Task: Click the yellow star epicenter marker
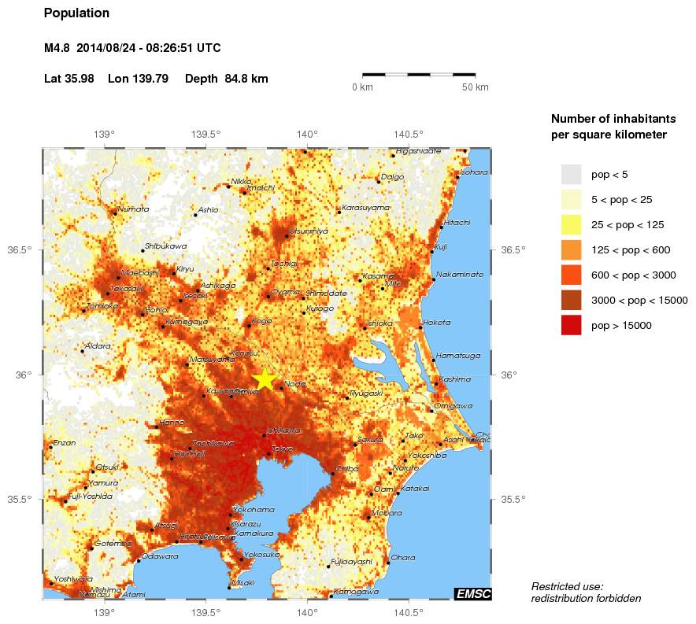click(x=265, y=378)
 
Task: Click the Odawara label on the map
click(x=160, y=556)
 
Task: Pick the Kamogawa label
click(x=356, y=592)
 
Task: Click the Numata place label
click(x=132, y=209)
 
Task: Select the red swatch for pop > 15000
click(x=571, y=325)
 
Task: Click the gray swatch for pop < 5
click(x=571, y=174)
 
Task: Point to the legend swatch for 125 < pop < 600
click(x=571, y=249)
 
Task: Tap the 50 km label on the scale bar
click(x=475, y=87)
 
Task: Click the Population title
click(x=76, y=13)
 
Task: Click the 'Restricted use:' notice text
click(x=567, y=586)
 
